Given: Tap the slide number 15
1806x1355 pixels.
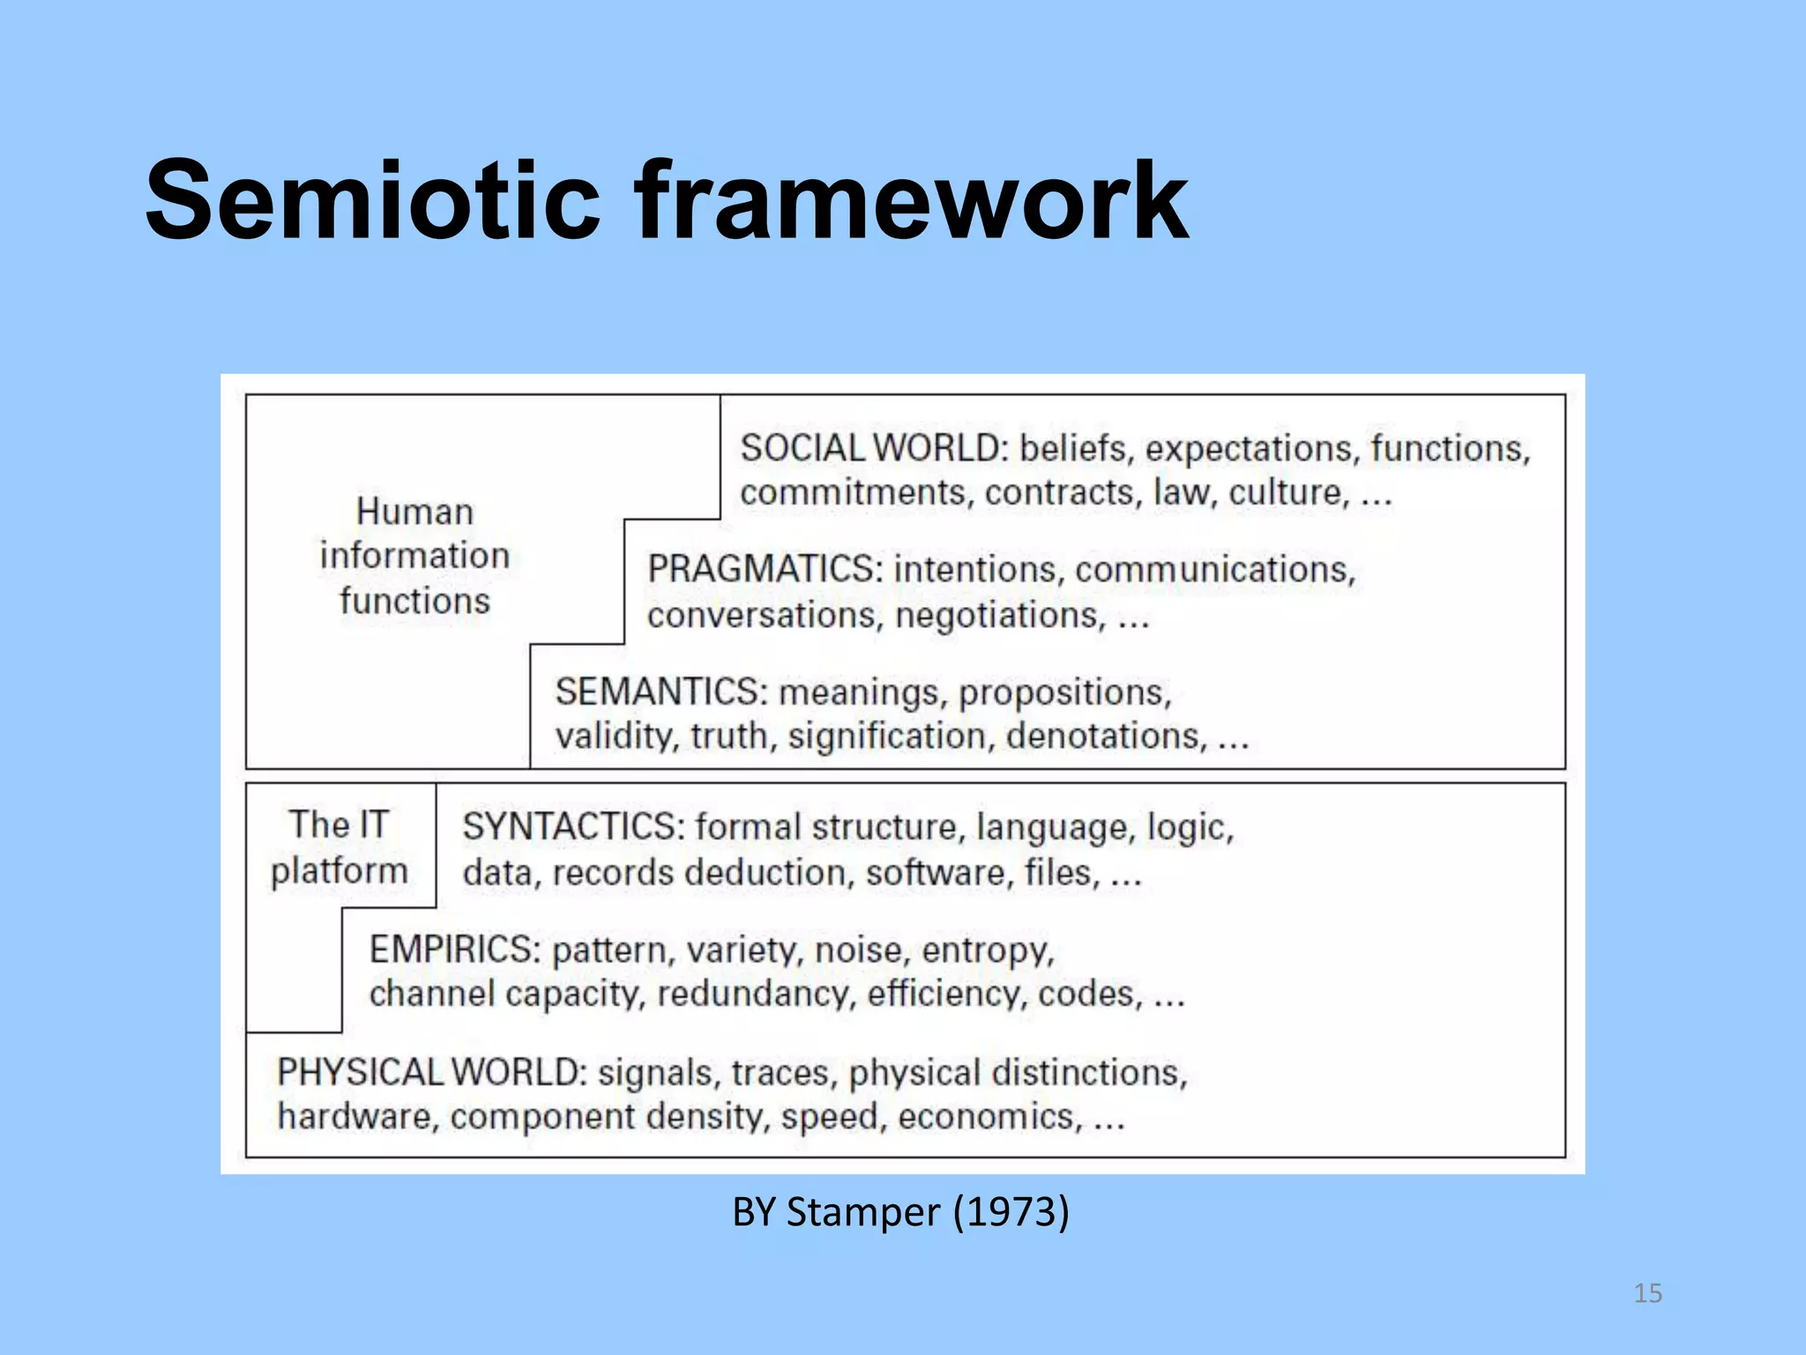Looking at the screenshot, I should [1647, 1293].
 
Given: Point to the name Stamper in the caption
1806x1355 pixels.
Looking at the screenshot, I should [863, 1212].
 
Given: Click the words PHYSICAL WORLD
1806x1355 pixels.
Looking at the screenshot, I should [431, 1073].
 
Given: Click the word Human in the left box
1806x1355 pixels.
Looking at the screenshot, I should [414, 512].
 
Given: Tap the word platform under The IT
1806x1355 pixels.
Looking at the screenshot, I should [340, 872].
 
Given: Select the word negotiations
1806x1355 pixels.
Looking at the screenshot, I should [1000, 615].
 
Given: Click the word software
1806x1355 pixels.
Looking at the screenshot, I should [936, 872].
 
